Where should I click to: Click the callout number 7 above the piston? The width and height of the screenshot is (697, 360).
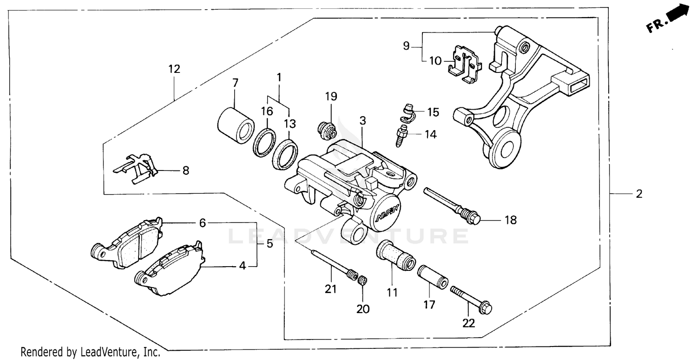(x=235, y=83)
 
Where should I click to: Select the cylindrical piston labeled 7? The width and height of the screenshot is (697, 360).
(x=236, y=125)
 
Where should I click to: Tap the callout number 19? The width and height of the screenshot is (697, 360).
(x=331, y=97)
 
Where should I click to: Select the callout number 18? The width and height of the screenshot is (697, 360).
(x=510, y=220)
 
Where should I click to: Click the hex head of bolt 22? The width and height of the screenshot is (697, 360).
(x=486, y=307)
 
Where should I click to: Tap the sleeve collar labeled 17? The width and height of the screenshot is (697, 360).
(x=432, y=277)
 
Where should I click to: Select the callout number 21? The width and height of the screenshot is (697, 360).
(x=330, y=289)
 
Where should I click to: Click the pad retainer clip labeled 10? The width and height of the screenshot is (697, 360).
(x=464, y=64)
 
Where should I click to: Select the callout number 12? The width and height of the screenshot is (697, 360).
(x=174, y=69)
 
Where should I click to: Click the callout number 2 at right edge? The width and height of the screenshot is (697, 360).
(x=639, y=194)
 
